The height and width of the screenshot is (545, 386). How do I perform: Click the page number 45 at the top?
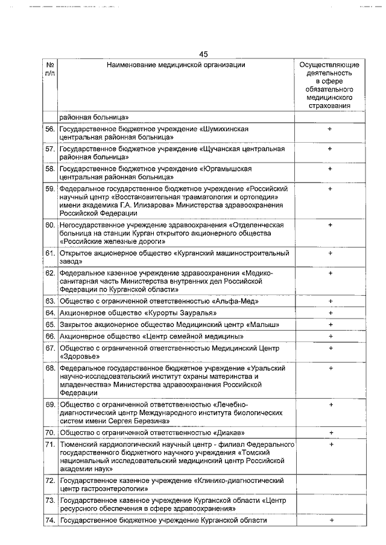point(203,54)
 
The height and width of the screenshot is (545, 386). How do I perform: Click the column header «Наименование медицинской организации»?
point(176,64)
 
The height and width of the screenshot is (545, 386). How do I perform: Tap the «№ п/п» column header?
point(50,69)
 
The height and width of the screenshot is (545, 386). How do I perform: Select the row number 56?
point(50,129)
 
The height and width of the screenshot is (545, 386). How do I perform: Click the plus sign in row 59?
point(330,189)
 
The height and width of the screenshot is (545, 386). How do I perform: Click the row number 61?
point(50,254)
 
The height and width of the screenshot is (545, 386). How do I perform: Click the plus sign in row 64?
point(330,313)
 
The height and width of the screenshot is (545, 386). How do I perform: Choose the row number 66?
point(50,336)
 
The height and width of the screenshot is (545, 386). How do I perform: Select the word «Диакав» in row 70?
point(230,433)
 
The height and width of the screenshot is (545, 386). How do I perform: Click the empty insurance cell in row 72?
point(330,485)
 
